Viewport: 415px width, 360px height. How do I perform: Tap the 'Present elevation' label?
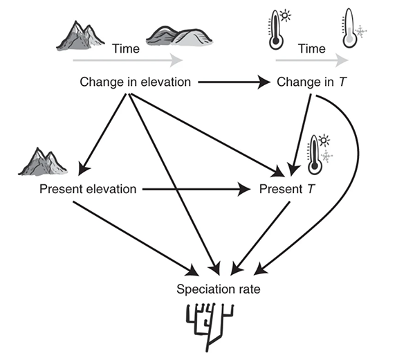tap(88, 188)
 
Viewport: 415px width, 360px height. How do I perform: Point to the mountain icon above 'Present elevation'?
tap(43, 161)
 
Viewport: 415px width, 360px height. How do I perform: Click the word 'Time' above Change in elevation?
tap(126, 49)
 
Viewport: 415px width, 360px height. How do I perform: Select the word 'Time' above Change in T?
tap(311, 49)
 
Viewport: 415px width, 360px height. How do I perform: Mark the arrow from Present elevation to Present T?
tap(194, 188)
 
